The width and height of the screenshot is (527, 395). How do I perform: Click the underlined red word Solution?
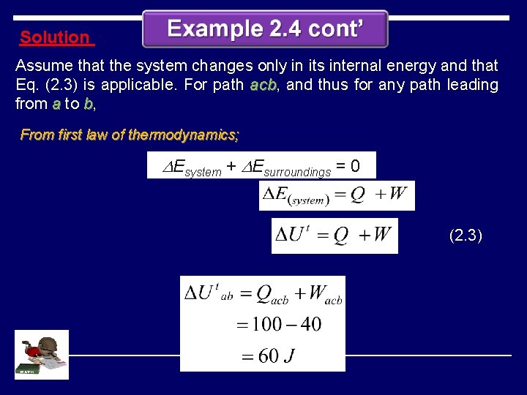coord(54,37)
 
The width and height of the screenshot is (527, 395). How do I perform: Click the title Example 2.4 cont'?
coord(265,29)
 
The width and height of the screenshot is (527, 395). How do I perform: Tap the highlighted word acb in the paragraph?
coord(263,85)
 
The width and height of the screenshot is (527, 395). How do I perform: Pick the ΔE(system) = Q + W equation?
coord(337,195)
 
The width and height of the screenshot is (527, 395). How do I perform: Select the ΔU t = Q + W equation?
coord(334,236)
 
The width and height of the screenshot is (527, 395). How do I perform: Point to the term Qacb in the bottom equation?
coord(271,294)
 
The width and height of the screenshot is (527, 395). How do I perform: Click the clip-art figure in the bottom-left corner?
coord(41,355)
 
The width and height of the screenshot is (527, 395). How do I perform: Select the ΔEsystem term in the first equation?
coord(191,168)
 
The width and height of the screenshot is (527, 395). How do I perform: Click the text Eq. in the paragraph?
coord(27,85)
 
